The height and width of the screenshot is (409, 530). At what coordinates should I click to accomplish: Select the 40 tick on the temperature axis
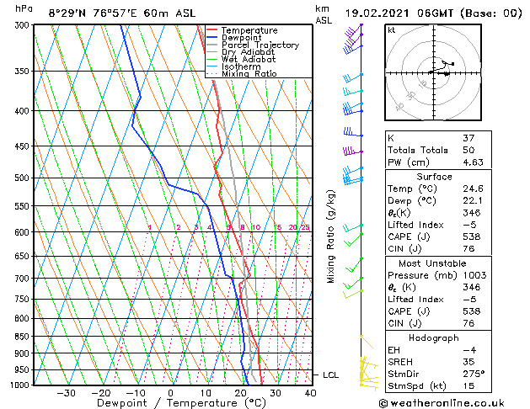310,392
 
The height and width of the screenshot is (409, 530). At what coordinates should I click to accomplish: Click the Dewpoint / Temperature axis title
171,403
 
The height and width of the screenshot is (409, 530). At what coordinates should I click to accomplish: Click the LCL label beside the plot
331,374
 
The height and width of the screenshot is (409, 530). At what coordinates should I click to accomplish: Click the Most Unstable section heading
435,263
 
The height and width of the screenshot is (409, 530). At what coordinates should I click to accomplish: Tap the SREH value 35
468,361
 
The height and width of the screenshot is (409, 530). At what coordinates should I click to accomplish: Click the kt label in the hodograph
391,29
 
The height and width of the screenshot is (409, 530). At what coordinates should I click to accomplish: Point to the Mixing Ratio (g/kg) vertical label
331,236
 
